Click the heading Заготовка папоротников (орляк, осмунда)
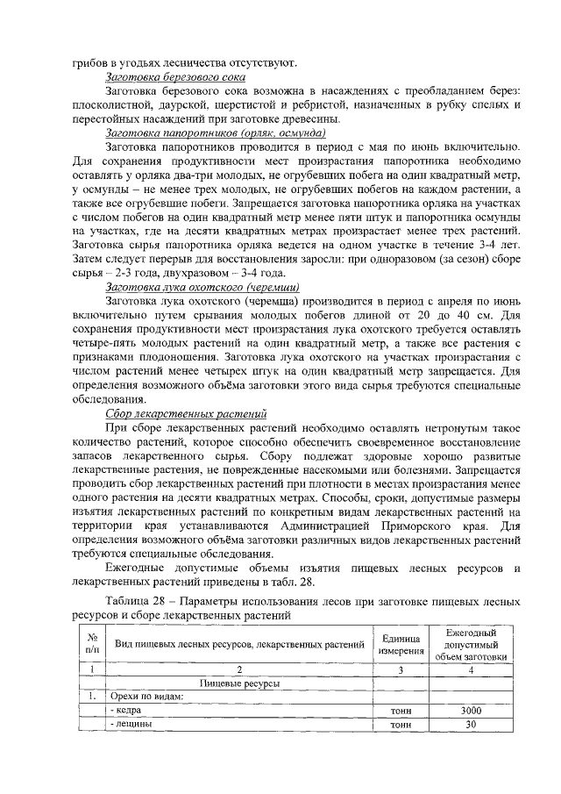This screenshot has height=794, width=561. (x=216, y=132)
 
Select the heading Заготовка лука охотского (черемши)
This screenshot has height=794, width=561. (x=202, y=287)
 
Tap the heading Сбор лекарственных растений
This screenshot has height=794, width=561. (x=186, y=412)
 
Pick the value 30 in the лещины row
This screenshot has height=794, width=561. (x=471, y=725)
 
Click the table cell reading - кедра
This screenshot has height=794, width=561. (x=124, y=710)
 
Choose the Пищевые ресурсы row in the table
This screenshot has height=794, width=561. (x=239, y=682)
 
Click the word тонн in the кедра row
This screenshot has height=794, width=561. (x=401, y=710)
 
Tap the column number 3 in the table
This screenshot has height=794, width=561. (x=401, y=668)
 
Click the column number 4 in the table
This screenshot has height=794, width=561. (x=471, y=668)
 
